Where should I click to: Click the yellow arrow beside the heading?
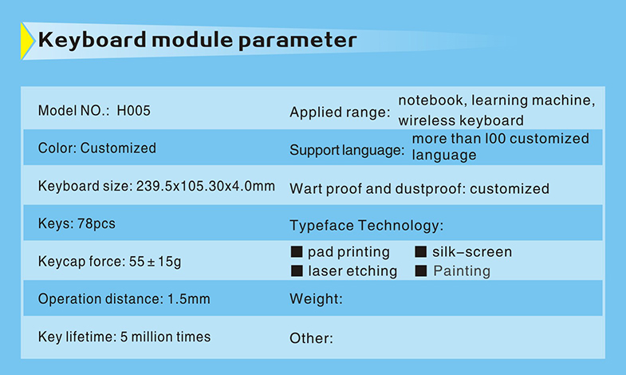(26, 41)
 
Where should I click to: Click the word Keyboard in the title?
(93, 41)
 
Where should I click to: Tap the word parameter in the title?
(297, 41)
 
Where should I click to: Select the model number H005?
(133, 111)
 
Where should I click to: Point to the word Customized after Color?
(118, 148)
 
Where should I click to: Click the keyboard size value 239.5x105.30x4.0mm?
(206, 186)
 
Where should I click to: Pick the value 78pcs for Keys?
(96, 223)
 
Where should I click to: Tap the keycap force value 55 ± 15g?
(155, 262)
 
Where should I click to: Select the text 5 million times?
(165, 337)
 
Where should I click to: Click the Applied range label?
(340, 112)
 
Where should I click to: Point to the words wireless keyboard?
(461, 120)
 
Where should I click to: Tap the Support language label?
(347, 151)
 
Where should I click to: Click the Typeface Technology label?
(367, 226)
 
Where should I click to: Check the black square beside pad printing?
(297, 251)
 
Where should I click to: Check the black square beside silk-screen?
(421, 251)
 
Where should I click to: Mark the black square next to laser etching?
(297, 270)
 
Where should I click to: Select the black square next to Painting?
(421, 270)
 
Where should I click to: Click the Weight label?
(317, 299)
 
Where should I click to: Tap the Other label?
(311, 338)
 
